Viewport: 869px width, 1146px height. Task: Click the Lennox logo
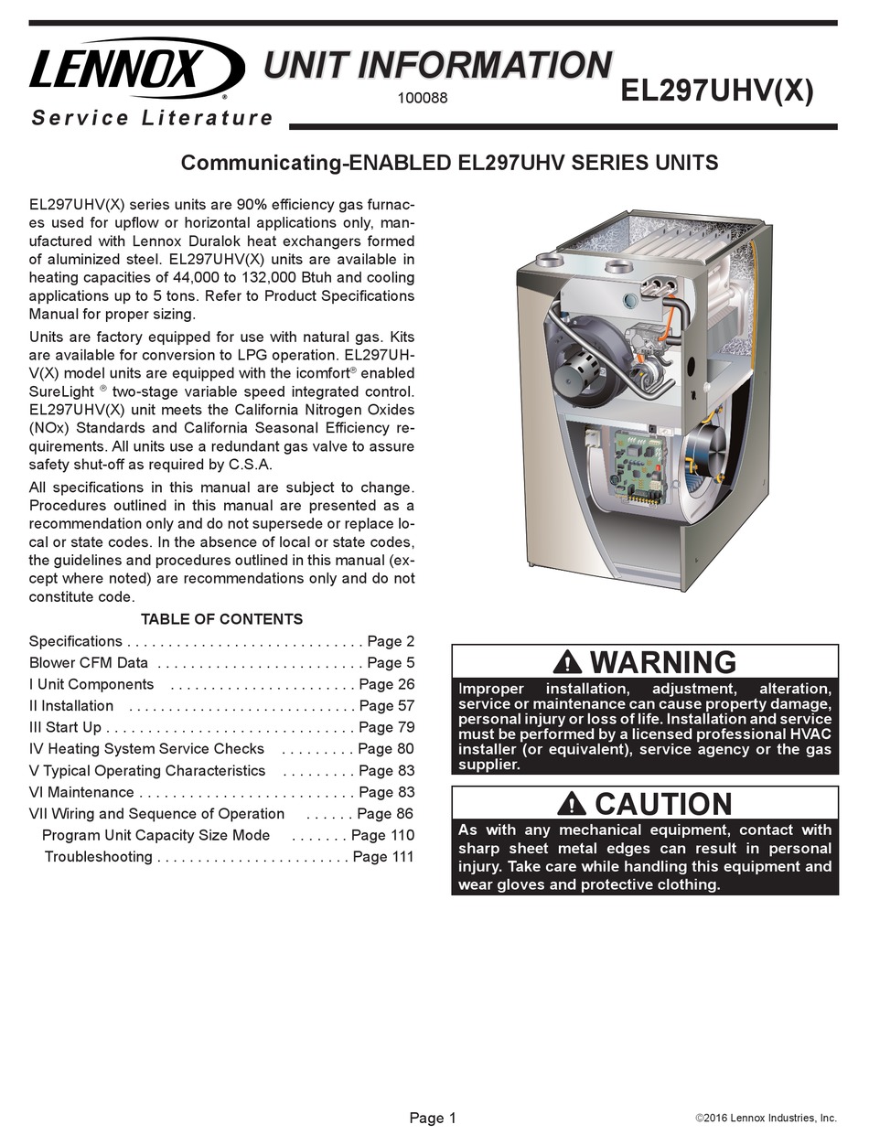135,70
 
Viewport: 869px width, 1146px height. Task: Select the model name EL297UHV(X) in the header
716,91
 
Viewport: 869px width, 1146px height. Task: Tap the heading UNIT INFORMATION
437,66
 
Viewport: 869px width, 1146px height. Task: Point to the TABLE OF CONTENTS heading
221,619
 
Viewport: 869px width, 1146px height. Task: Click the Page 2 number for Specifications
391,641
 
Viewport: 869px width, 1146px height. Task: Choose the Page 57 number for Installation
387,706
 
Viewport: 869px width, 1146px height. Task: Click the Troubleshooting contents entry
99,857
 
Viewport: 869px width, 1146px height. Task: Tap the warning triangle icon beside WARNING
567,661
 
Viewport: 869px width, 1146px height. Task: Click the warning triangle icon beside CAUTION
572,804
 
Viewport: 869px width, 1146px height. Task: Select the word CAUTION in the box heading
663,804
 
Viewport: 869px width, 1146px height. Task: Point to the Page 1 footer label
433,1118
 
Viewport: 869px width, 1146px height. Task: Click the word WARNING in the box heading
662,661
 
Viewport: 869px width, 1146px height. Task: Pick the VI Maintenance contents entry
81,792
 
